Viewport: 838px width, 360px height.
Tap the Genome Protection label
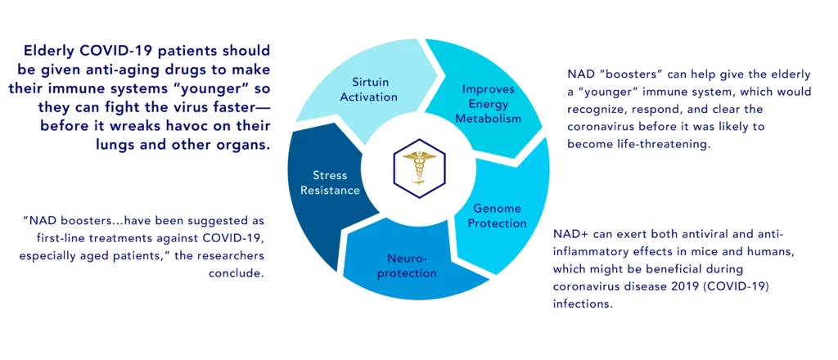pyautogui.click(x=497, y=215)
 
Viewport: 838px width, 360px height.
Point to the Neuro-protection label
pyautogui.click(x=412, y=266)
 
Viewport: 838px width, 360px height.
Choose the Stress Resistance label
pyautogui.click(x=330, y=182)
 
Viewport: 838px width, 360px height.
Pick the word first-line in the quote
pyautogui.click(x=52, y=238)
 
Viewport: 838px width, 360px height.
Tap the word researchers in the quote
pyautogui.click(x=233, y=255)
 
